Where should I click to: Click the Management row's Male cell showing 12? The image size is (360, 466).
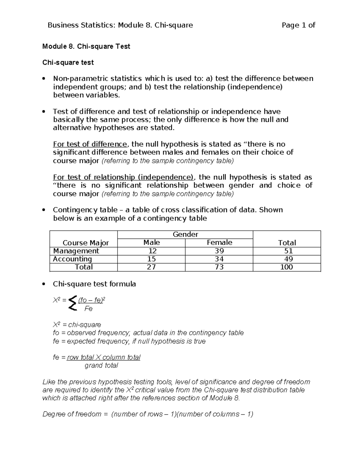coord(151,251)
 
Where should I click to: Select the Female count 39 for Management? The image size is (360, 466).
coord(219,251)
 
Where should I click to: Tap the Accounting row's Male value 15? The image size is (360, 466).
coord(151,259)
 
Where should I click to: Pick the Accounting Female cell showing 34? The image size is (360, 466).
coord(219,259)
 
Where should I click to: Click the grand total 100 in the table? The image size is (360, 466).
coord(286,267)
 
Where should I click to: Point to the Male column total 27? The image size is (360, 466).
coord(151,267)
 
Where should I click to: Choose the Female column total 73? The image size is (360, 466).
coord(219,267)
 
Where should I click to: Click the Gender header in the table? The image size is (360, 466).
coord(185,234)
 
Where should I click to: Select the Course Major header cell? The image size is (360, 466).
coord(85,243)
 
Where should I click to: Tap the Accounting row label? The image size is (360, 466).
coord(72,259)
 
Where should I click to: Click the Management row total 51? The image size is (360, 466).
coord(288,251)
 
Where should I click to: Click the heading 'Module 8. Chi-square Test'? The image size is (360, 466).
coord(86,47)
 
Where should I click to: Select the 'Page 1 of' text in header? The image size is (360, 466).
coord(298,25)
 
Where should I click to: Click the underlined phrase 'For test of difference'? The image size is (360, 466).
coord(90,144)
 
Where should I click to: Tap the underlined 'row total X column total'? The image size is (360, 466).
coord(103,357)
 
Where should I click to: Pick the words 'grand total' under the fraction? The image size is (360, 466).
coord(101,365)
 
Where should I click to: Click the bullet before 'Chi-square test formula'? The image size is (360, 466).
coord(44,284)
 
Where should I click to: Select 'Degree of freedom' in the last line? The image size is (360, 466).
coord(72,414)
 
